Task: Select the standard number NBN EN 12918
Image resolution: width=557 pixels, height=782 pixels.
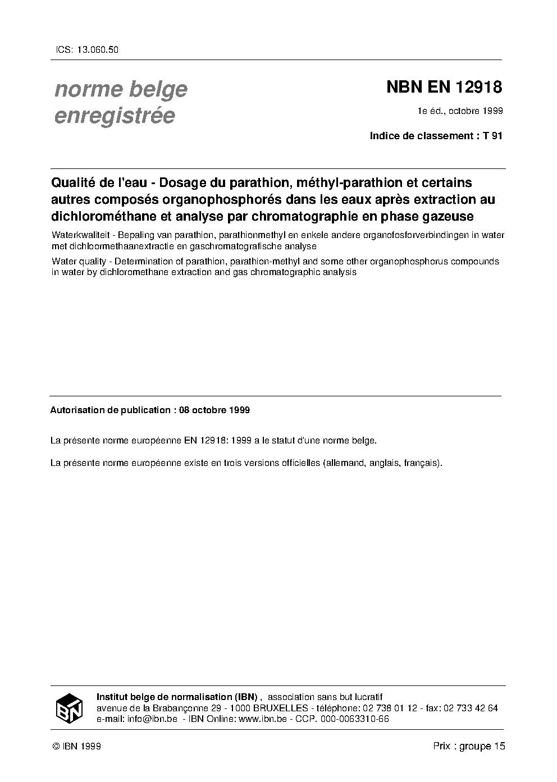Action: (444, 88)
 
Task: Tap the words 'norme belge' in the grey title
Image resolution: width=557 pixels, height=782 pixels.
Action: (121, 89)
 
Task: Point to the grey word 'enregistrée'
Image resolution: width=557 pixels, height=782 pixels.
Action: (115, 115)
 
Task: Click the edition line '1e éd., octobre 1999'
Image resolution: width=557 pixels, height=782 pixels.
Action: (459, 111)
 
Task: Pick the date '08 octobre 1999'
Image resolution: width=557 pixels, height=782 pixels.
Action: (214, 410)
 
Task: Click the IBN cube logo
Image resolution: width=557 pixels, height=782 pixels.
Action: (70, 708)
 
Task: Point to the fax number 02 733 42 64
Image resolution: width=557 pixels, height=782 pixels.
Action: (471, 708)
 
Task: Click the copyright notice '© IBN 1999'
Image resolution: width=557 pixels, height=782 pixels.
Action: (76, 746)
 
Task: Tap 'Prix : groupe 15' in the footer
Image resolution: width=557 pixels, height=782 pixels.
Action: (469, 746)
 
